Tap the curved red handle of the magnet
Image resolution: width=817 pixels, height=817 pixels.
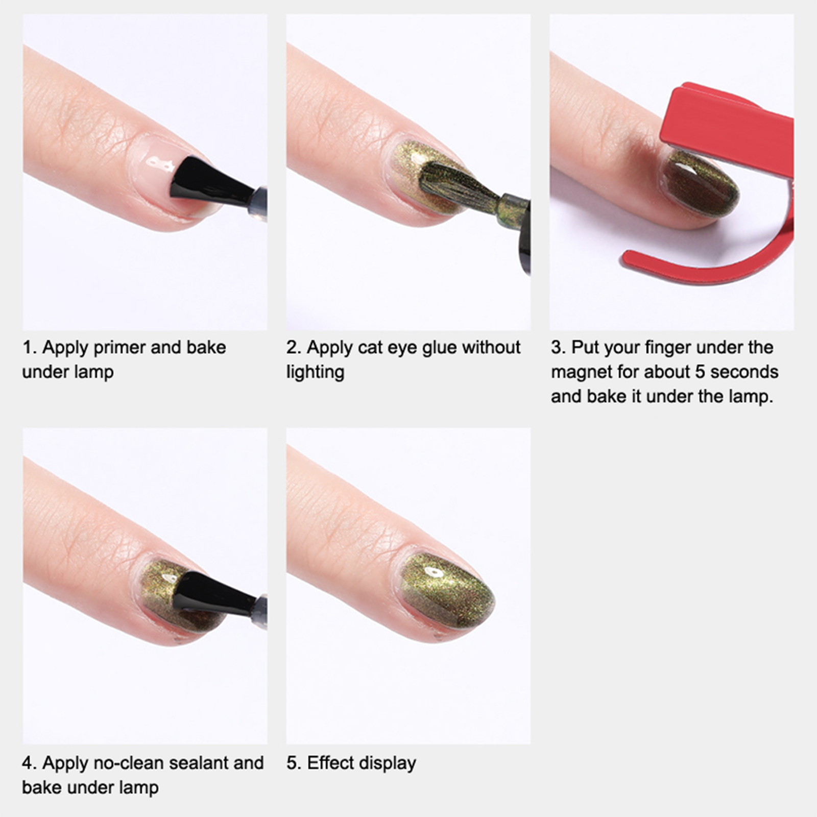click(715, 255)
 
